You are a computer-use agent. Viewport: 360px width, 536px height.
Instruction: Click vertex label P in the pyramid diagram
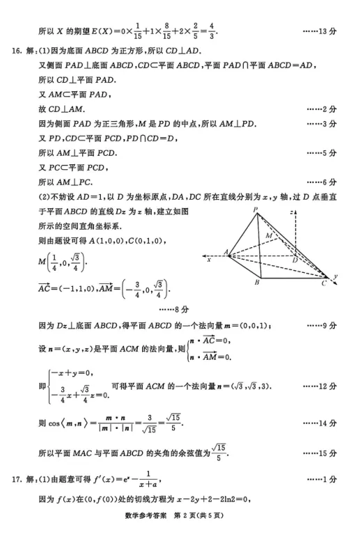(x=256, y=208)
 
